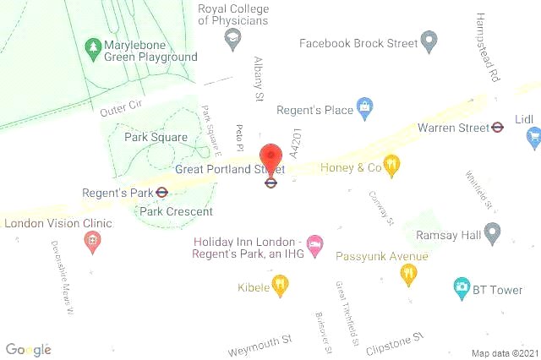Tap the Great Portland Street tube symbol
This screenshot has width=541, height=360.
[x=270, y=182]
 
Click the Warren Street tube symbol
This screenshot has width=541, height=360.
[x=498, y=128]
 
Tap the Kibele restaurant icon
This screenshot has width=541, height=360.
[x=280, y=285]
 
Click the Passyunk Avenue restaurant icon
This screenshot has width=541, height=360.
[x=408, y=274]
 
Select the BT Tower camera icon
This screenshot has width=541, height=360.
[x=462, y=287]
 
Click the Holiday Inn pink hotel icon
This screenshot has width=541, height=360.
[x=314, y=244]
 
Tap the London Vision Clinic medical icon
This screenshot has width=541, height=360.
[x=91, y=241]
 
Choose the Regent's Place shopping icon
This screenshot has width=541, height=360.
[x=364, y=107]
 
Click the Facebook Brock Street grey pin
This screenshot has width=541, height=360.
[x=429, y=40]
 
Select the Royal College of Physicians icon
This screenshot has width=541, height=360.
[x=232, y=38]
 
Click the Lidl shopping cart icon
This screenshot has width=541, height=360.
[x=533, y=137]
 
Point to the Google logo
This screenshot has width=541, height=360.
[x=28, y=350]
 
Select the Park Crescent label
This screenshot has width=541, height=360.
[x=176, y=212]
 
